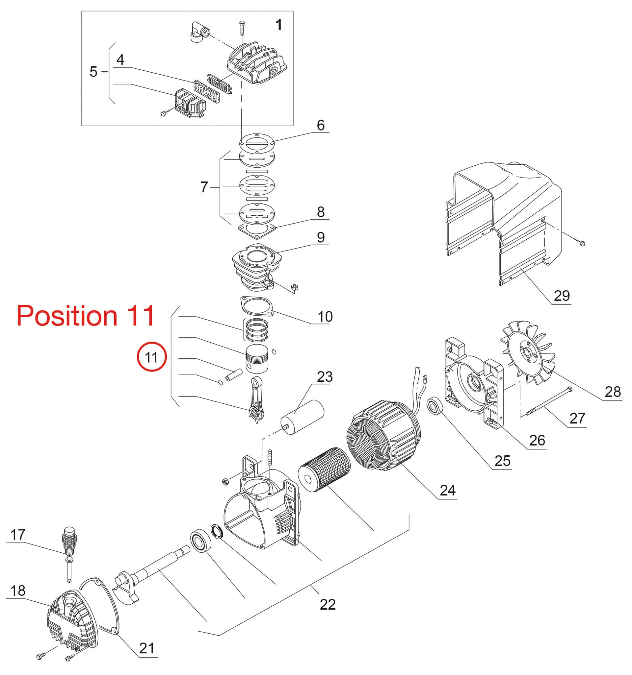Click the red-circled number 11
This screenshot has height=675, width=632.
[151, 357]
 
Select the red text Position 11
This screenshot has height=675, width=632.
[86, 315]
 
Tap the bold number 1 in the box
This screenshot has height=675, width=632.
[278, 24]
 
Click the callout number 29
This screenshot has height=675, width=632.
[562, 296]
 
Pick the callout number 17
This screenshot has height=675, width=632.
[18, 535]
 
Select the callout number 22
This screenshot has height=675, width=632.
[328, 605]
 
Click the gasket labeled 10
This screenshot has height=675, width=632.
[257, 306]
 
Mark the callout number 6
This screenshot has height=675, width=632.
[321, 125]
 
